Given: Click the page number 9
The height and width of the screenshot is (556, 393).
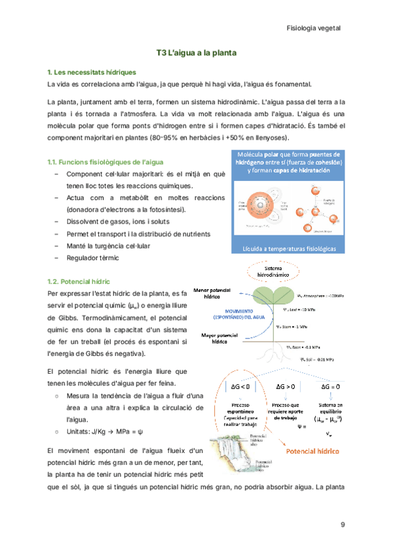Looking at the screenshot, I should coord(343,525).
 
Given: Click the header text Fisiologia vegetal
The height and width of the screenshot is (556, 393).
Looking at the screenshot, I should coord(314,28).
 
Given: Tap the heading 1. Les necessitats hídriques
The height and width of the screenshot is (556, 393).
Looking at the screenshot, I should coord(92,71).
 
